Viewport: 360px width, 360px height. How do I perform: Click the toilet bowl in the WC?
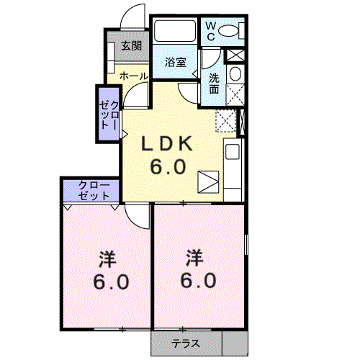pos(228,30)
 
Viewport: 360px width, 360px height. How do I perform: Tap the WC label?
pos(210,31)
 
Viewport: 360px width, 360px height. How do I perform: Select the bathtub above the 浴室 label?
pos(175,31)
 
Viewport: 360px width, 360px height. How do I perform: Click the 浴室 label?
pos(176,63)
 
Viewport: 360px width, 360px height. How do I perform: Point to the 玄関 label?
pos(132,46)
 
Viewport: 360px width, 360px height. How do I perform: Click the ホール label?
pos(134,76)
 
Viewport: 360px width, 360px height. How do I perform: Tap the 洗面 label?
pos(214,84)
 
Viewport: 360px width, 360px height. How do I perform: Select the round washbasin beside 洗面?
pos(235,73)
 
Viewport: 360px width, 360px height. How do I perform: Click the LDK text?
pos(167,144)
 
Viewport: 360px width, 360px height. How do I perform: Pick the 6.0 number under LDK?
pos(168,166)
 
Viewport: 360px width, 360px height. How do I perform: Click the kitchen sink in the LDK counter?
pos(233,151)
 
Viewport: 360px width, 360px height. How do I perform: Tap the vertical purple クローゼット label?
pos(109,114)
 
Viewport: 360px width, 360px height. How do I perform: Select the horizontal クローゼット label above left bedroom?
pos(94,191)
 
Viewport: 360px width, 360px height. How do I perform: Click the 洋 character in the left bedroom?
pos(108,259)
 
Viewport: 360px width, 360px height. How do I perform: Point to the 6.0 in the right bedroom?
pos(198,280)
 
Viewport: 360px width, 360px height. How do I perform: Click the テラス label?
pos(186,343)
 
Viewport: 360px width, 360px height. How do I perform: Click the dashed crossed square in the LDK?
pos(225,121)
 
